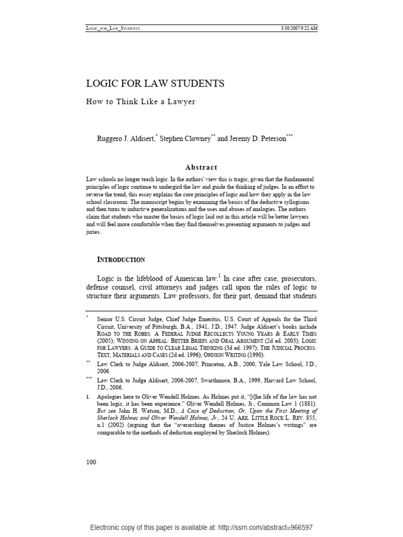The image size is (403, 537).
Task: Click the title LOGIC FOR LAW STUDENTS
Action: [155, 84]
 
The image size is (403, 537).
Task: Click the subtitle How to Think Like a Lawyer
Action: [141, 102]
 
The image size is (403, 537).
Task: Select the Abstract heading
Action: [201, 167]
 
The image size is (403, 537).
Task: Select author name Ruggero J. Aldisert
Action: [126, 139]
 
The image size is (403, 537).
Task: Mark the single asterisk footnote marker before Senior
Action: [88, 318]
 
